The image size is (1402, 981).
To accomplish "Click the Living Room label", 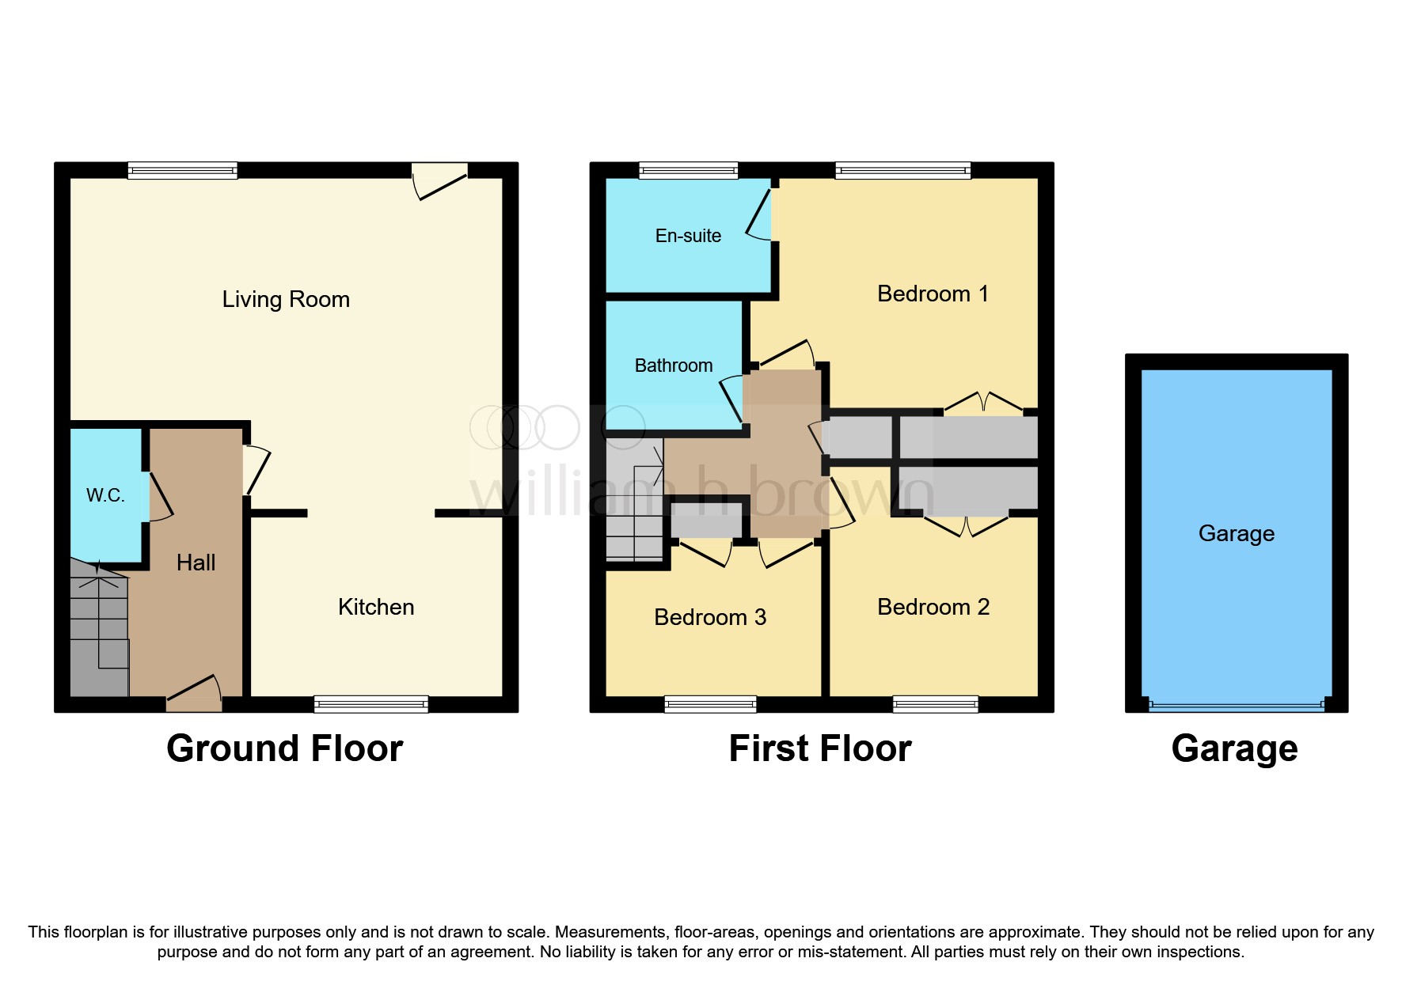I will tap(286, 299).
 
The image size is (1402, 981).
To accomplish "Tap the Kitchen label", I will tap(376, 607).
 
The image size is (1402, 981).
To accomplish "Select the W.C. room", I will tap(105, 494).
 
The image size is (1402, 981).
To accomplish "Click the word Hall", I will tap(196, 562).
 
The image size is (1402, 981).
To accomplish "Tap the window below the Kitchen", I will tap(370, 703).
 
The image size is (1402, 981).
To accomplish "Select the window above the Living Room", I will tap(182, 170).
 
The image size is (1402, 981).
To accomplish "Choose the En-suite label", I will tap(688, 236).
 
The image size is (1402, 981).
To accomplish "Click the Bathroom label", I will tap(674, 366).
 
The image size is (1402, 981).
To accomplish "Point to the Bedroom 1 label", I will tap(933, 294).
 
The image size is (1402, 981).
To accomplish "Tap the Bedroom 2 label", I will tap(933, 607).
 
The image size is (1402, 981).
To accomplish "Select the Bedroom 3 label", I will tap(710, 617).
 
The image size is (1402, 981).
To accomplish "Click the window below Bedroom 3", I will tap(710, 703).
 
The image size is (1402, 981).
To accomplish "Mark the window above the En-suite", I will tap(688, 170).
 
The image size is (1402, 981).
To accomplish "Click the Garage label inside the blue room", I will tap(1236, 533).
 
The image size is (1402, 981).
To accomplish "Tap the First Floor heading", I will tap(820, 748).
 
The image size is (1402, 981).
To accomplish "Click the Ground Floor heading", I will tap(285, 748).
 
